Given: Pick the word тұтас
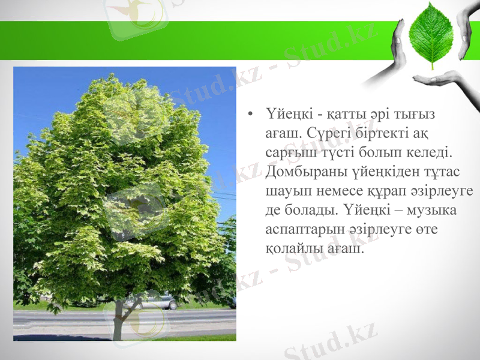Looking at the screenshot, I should pos(442,172).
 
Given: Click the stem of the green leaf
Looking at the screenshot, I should pos(434,65).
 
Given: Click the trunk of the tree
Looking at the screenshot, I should pos(119,318).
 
